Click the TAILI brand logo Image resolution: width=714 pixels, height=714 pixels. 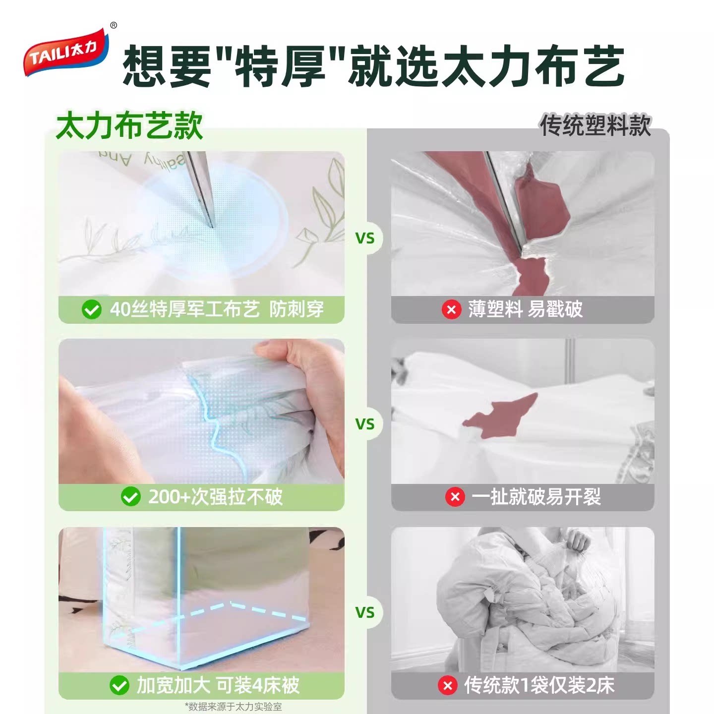coord(66,52)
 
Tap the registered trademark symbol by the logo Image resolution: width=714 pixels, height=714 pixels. coord(114,25)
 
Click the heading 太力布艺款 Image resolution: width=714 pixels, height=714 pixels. coord(129,125)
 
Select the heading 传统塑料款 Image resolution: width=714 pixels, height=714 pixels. coord(595,125)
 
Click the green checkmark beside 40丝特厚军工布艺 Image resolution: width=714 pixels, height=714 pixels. coord(92,309)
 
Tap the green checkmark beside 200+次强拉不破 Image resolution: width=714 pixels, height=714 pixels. coord(130,497)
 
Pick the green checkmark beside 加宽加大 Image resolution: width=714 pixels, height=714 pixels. coord(119,685)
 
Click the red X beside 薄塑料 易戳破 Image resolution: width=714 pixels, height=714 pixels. coord(451,309)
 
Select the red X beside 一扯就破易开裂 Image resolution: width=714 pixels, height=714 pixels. coord(455,497)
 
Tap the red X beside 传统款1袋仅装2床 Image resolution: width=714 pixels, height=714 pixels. coord(447,685)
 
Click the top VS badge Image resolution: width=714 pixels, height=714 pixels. coord(365,238)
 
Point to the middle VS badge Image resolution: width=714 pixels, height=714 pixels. coord(365,424)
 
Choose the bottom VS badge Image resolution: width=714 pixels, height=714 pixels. coord(365,612)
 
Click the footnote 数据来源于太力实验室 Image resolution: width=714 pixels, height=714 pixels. coord(234,707)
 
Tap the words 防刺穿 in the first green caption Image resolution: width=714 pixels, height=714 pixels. coord(297,309)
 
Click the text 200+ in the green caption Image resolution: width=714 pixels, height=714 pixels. coord(169,497)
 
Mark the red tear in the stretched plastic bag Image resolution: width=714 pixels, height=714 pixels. coord(500,416)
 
